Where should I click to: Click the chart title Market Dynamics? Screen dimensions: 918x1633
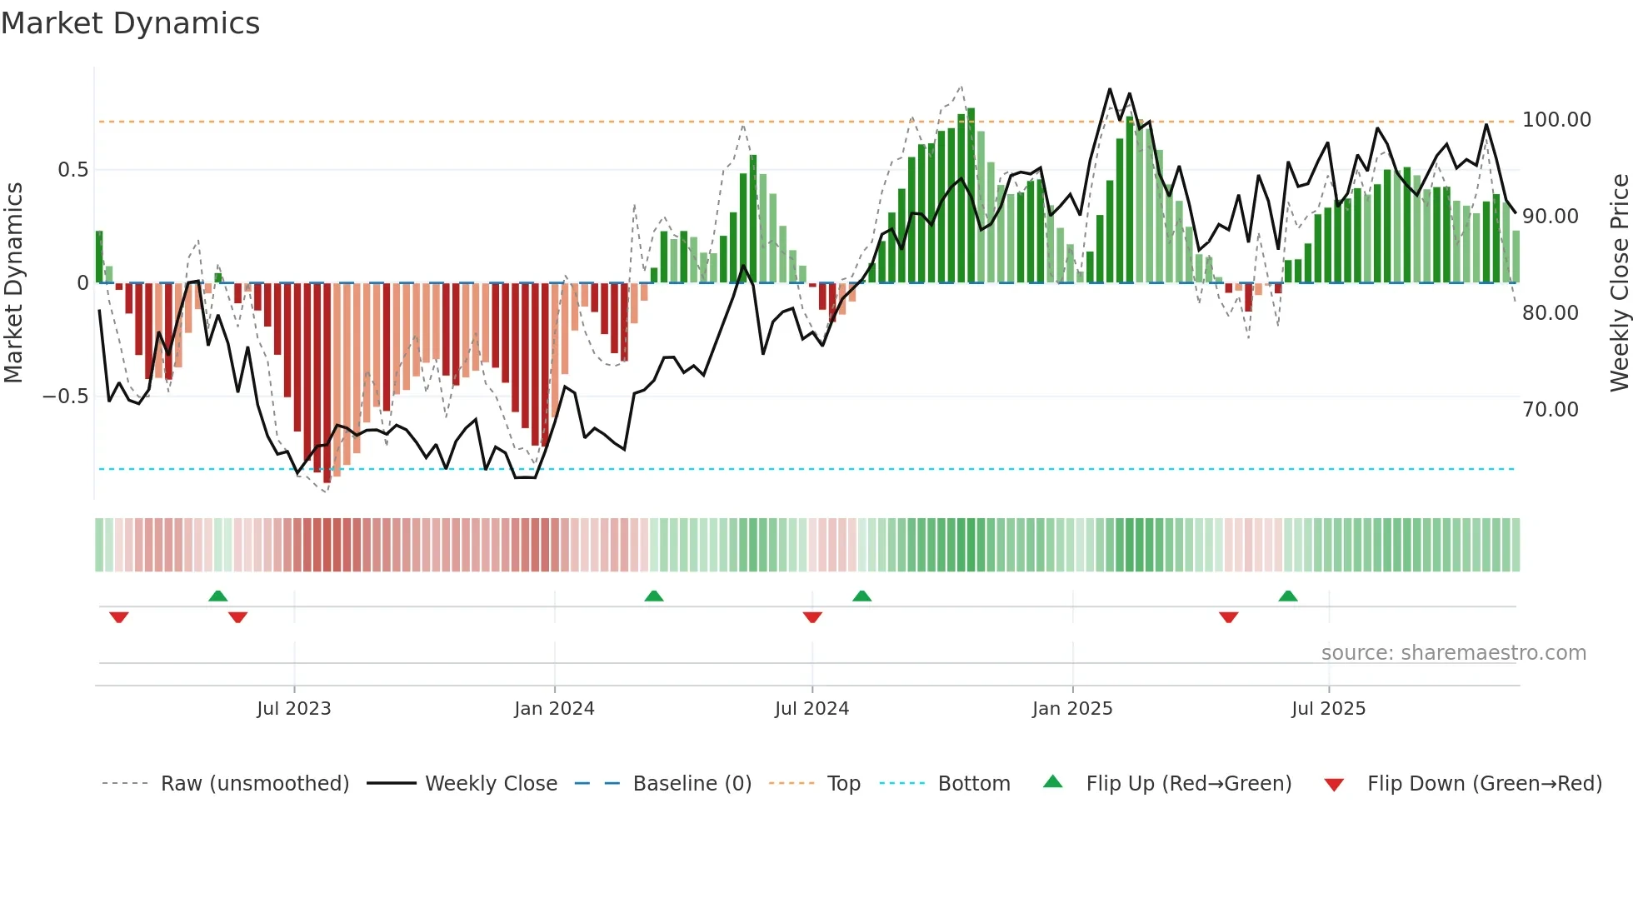(x=131, y=23)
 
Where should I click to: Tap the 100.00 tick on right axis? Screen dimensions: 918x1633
(x=1556, y=120)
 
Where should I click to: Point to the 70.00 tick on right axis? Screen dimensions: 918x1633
(x=1550, y=410)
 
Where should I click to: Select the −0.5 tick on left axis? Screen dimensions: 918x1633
(x=65, y=397)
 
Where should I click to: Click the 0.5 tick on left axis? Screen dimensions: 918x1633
(x=72, y=170)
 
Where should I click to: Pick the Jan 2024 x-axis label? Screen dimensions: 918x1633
(x=554, y=709)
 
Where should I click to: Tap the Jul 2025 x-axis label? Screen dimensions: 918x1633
(x=1328, y=709)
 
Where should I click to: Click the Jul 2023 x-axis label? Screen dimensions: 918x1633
(x=293, y=709)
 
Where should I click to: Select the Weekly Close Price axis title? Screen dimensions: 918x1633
(x=1619, y=282)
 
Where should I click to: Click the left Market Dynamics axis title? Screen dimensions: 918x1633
(x=13, y=282)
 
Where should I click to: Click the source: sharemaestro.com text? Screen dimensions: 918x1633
(x=1453, y=653)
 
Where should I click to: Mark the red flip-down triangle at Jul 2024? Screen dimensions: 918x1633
(x=812, y=617)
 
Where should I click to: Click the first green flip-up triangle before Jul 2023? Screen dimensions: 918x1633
(x=217, y=596)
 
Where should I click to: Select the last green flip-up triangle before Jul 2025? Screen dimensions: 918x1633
(x=1287, y=596)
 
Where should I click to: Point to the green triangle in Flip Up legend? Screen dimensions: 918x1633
(x=1053, y=781)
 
